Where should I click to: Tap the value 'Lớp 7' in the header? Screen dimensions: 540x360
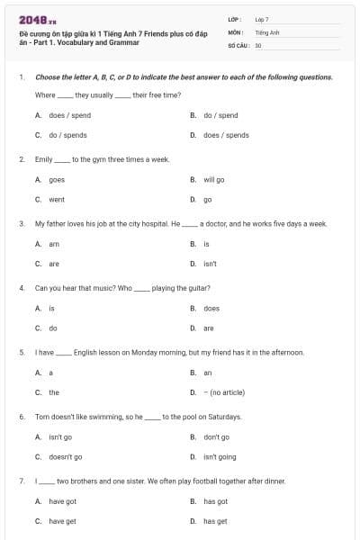pyautogui.click(x=262, y=19)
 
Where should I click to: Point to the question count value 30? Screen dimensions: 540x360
pyautogui.click(x=258, y=45)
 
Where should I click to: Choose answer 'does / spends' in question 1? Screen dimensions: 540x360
pyautogui.click(x=226, y=135)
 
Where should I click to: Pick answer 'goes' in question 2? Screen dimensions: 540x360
pyautogui.click(x=57, y=179)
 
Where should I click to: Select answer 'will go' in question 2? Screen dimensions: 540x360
pyautogui.click(x=214, y=179)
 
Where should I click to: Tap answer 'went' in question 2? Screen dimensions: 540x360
pyautogui.click(x=57, y=199)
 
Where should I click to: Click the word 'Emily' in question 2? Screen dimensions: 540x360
pyautogui.click(x=44, y=159)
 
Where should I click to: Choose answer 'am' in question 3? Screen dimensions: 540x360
pyautogui.click(x=54, y=244)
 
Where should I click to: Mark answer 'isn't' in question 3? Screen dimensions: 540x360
pyautogui.click(x=210, y=264)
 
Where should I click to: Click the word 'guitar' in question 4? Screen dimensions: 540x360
pyautogui.click(x=195, y=288)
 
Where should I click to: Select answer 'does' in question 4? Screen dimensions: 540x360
pyautogui.click(x=211, y=308)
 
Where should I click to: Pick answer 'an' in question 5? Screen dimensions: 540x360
pyautogui.click(x=208, y=373)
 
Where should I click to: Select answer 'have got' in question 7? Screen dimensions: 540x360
pyautogui.click(x=63, y=501)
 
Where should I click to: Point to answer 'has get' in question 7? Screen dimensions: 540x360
pyautogui.click(x=215, y=521)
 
